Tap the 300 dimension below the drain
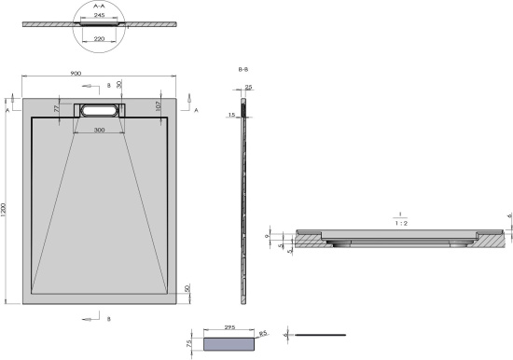click(99, 131)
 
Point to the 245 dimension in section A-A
click(99, 16)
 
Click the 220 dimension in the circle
click(99, 39)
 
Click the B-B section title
click(243, 69)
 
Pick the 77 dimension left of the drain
click(57, 108)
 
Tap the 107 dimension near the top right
click(159, 107)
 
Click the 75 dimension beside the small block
click(188, 342)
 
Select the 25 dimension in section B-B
click(248, 88)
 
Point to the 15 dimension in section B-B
click(231, 115)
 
